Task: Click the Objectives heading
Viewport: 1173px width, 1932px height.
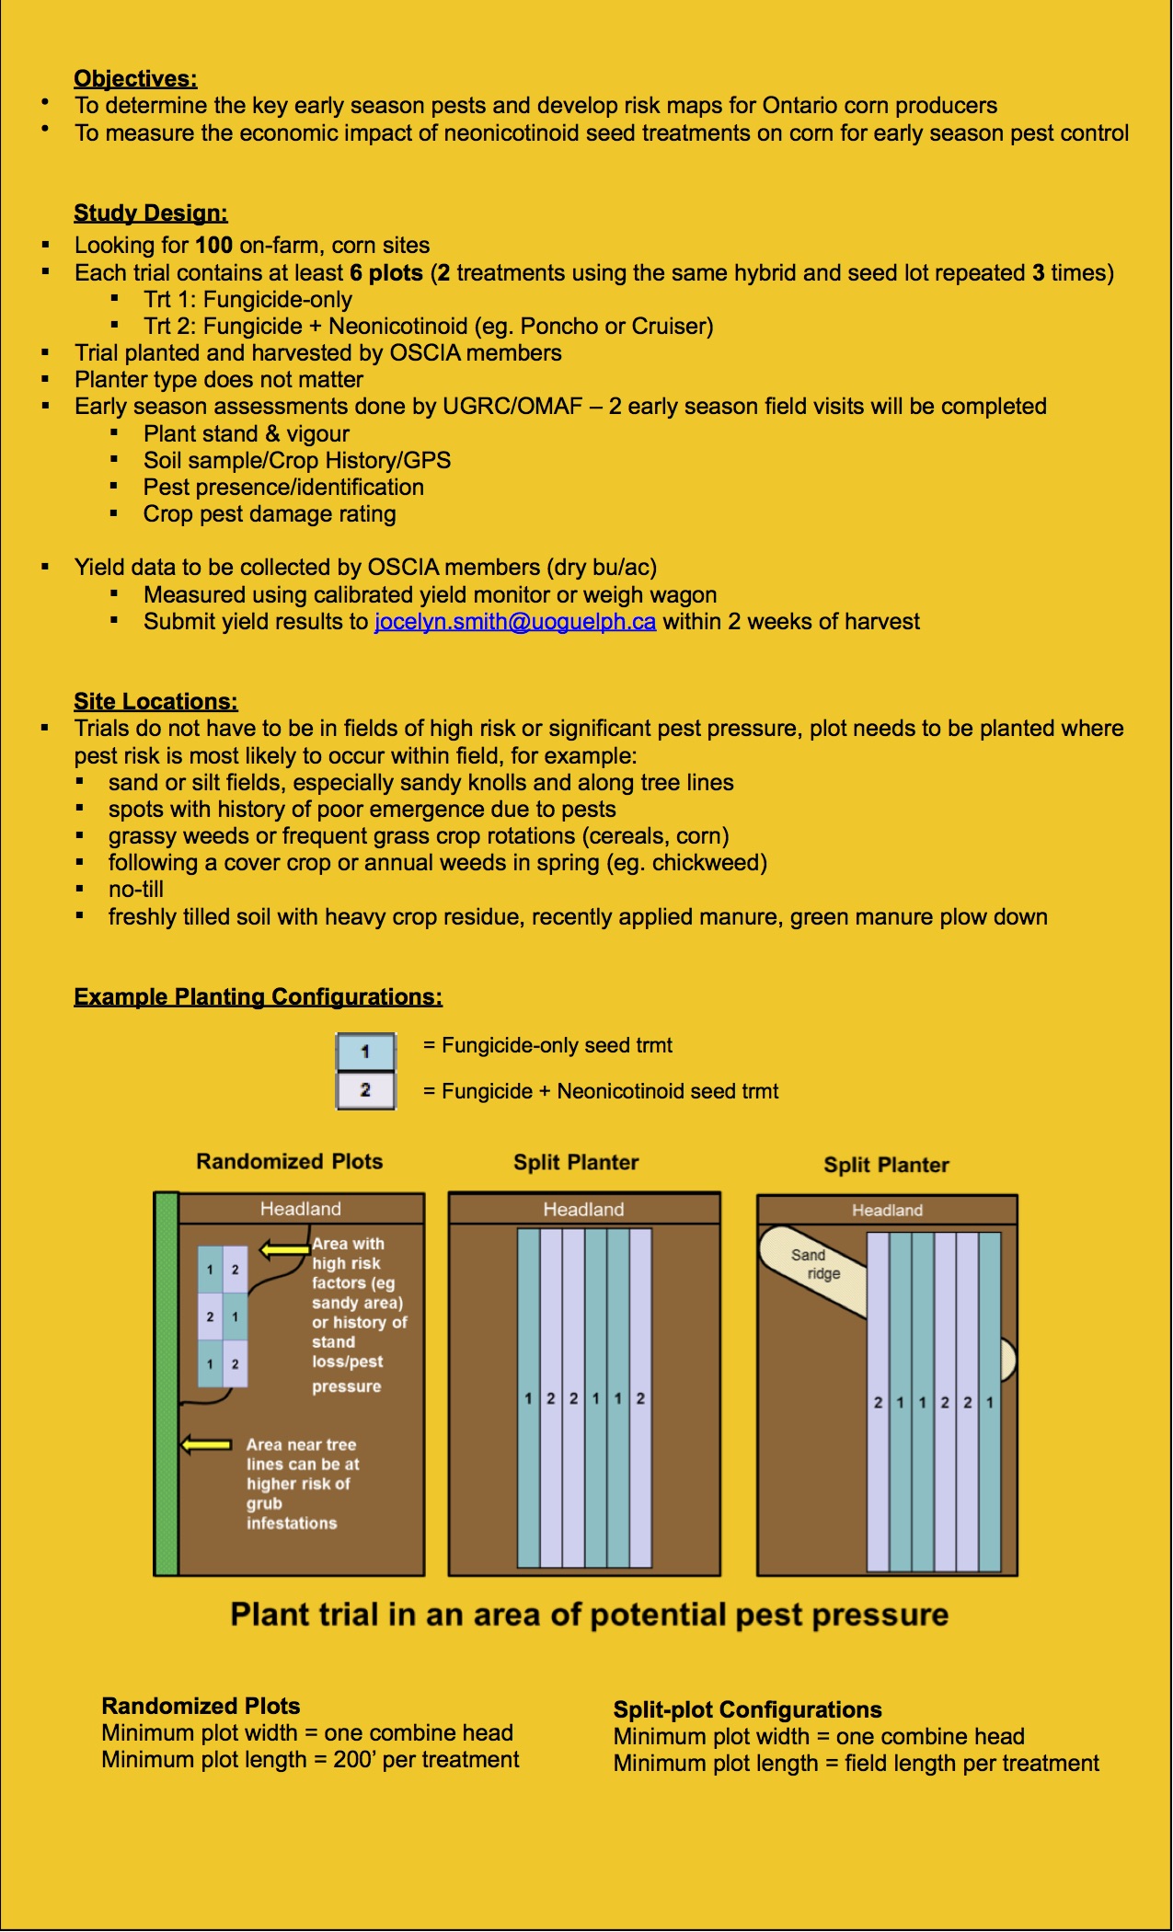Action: [135, 78]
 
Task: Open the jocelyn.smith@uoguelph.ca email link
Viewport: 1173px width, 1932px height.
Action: [514, 622]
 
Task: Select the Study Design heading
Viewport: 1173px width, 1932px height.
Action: [151, 213]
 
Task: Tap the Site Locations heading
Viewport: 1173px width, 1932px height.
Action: [155, 701]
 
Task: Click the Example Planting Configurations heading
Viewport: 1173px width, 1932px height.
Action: [258, 997]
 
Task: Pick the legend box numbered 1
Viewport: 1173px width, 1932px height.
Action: [365, 1052]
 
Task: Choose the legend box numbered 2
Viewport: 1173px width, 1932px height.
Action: [365, 1090]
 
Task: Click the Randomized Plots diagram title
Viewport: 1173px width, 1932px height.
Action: [289, 1162]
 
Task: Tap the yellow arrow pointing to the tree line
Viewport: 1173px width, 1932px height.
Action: [206, 1444]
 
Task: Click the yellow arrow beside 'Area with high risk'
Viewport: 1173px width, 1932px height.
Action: [285, 1249]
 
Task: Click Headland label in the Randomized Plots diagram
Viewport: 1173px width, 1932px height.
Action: [300, 1209]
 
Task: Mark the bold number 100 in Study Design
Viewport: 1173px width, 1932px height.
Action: [213, 246]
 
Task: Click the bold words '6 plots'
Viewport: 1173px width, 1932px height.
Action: [385, 273]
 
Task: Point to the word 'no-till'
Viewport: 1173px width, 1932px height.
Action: [136, 890]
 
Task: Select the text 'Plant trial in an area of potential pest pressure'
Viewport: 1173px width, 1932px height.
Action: [589, 1615]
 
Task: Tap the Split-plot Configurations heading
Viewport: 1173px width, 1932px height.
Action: [747, 1709]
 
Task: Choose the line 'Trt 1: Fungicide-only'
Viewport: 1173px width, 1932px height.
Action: [247, 300]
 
